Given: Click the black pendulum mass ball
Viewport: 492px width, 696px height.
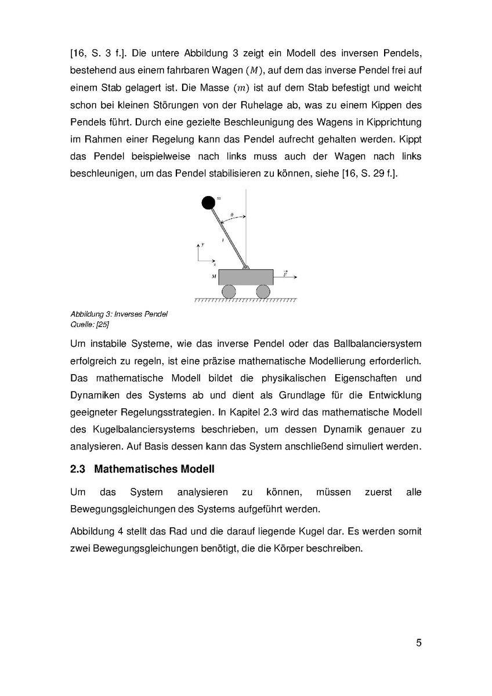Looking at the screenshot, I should tap(208, 202).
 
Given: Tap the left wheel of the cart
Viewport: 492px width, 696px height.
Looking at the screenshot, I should tap(229, 292).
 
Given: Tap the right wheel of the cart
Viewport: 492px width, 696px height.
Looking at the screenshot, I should tap(263, 292).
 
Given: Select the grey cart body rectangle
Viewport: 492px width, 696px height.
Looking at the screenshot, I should tap(245, 277).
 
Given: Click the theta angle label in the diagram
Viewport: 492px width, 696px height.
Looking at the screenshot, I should tap(232, 215).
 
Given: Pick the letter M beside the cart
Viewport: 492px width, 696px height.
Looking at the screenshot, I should tap(214, 277).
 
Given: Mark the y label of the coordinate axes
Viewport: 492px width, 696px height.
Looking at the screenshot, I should tap(202, 245).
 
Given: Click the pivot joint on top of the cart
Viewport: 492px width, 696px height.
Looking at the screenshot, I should tap(245, 267).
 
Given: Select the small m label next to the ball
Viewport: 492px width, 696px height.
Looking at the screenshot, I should tap(218, 198).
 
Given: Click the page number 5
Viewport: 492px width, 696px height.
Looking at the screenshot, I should tap(418, 643).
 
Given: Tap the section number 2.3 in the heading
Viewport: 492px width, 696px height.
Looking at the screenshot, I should tap(78, 469).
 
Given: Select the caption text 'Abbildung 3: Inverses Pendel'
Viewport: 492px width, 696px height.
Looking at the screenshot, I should tap(119, 314).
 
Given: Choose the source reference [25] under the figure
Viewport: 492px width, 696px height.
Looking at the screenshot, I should tap(102, 324).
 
